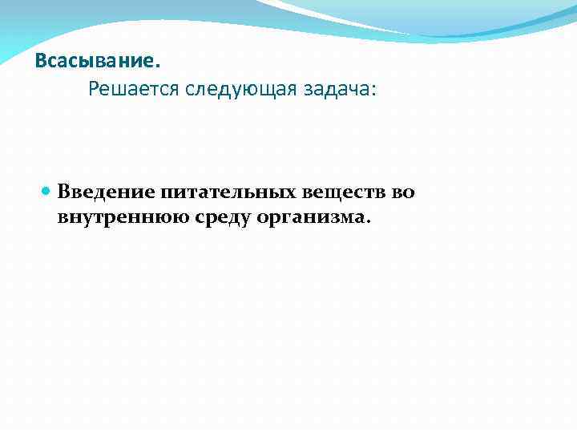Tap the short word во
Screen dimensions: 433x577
404,193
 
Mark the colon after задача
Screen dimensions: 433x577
372,91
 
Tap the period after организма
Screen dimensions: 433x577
369,222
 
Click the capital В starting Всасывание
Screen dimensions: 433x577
41,62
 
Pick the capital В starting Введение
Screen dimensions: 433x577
64,193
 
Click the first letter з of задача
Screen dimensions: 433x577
305,90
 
